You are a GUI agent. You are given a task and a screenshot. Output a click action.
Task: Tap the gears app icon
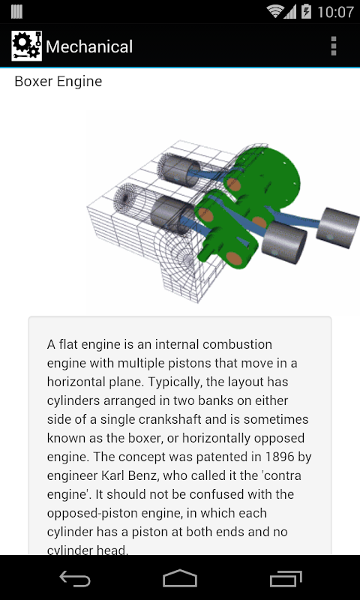(26, 46)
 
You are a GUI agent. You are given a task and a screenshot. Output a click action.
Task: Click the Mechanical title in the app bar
(89, 46)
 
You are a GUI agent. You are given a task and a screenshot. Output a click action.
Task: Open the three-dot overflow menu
(334, 46)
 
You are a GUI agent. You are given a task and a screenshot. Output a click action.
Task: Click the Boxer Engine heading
(58, 82)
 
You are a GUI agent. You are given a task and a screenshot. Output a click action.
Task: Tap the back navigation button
(74, 578)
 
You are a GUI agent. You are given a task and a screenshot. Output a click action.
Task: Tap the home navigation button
(180, 577)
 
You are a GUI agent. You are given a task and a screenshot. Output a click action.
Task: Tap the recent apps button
(286, 578)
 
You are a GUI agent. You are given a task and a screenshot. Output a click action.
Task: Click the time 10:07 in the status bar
(335, 12)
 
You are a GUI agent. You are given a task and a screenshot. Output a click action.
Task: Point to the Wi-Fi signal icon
(275, 11)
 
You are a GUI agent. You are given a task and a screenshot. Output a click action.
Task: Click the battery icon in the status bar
(307, 11)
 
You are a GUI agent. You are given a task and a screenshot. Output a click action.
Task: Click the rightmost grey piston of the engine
(337, 228)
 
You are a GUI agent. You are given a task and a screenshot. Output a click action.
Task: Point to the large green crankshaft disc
(268, 176)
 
